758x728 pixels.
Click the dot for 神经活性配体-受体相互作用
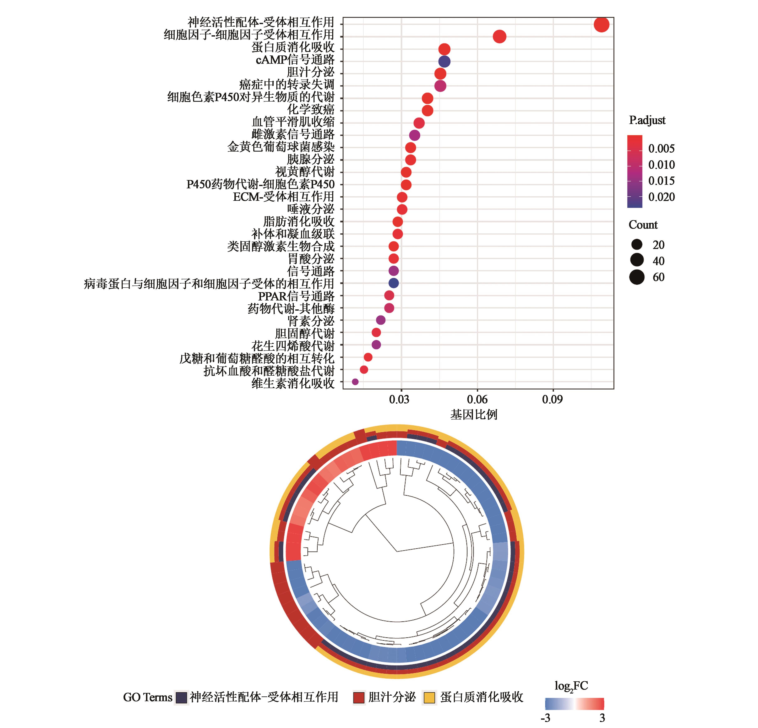601,25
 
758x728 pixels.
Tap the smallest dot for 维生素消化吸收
355,382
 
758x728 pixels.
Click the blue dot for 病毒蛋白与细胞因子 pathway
393,283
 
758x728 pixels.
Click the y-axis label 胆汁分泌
311,72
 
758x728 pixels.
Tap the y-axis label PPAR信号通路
296,296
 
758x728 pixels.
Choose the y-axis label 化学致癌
311,109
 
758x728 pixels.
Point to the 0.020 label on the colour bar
661,197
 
